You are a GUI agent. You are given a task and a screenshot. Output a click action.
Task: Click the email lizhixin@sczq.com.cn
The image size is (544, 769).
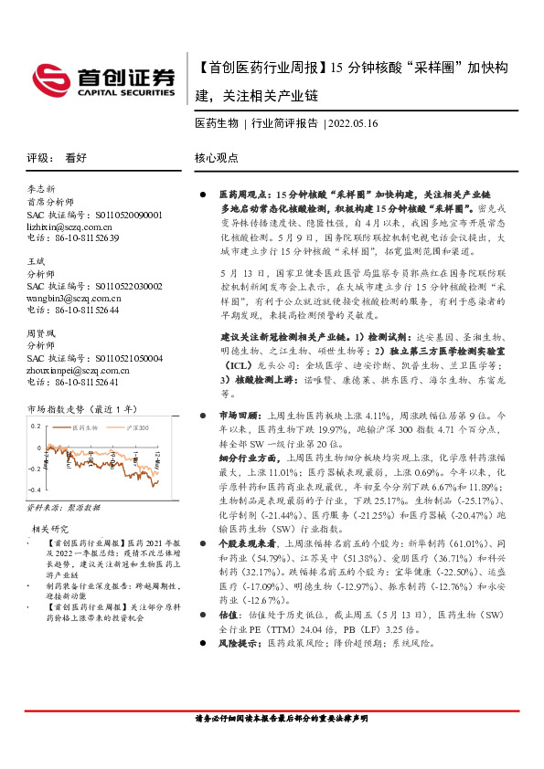point(69,226)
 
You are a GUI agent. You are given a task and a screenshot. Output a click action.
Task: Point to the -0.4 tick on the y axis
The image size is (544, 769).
point(35,490)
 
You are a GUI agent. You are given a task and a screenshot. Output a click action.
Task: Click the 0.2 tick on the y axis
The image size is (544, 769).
point(37,427)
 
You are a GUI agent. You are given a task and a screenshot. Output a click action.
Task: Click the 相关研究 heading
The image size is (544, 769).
point(51,529)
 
